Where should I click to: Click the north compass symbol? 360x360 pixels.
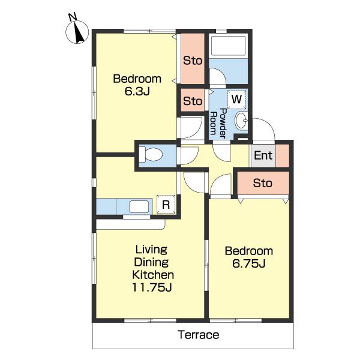(x=77, y=32)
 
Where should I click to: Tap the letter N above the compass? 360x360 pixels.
(x=73, y=17)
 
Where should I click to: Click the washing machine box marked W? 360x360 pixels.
(x=236, y=100)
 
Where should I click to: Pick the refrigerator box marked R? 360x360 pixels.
(x=166, y=204)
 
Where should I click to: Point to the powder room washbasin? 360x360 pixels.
(x=241, y=121)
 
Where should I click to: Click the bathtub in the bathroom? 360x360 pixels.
(x=228, y=46)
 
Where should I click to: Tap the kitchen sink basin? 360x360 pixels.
(x=139, y=206)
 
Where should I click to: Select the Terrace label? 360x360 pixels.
(x=199, y=335)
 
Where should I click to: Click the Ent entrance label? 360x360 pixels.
(x=263, y=155)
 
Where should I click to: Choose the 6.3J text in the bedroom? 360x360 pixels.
(x=137, y=91)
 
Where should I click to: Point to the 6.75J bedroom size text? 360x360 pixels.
(x=249, y=263)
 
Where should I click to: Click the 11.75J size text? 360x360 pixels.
(x=152, y=287)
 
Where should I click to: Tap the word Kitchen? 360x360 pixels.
(x=153, y=275)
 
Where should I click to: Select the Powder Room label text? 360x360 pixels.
(x=218, y=123)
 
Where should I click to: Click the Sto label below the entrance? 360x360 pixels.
(x=263, y=183)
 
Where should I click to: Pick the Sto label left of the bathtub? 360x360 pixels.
(x=193, y=61)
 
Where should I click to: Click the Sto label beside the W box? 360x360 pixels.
(x=193, y=101)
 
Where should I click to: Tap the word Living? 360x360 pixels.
(x=151, y=250)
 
